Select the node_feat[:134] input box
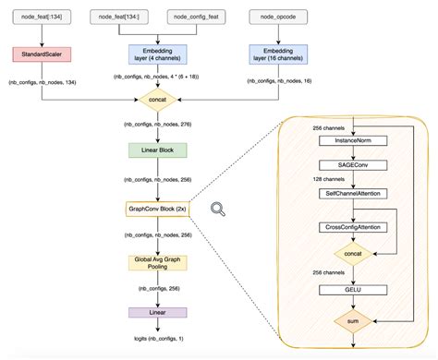click(39, 17)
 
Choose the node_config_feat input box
click(189, 17)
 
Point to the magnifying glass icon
click(218, 210)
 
